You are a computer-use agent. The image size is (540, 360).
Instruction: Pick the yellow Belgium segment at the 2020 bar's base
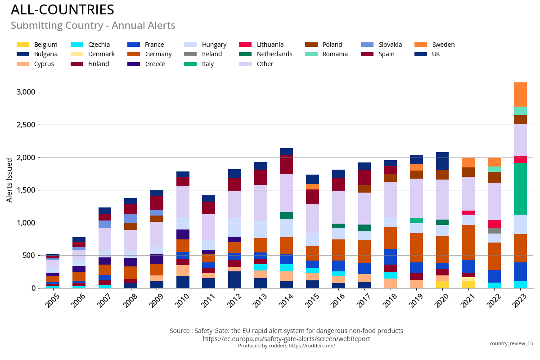tap(442, 284)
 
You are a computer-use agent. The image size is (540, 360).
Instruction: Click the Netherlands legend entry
tap(274, 54)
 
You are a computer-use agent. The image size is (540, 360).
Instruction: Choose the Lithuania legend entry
tap(270, 45)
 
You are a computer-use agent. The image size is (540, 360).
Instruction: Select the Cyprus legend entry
tap(44, 64)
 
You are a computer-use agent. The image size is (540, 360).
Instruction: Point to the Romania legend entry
tap(335, 54)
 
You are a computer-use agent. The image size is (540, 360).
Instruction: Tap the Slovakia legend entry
tap(390, 45)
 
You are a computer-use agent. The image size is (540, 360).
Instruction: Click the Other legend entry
tap(265, 64)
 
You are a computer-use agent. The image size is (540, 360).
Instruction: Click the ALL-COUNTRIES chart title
tap(62, 10)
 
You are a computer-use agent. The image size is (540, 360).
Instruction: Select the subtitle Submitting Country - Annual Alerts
tap(93, 26)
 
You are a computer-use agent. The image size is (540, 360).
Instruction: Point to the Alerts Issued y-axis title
tap(9, 180)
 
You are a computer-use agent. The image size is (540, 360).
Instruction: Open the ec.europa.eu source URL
tap(286, 339)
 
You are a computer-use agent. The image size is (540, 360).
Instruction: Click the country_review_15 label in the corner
tap(511, 343)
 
